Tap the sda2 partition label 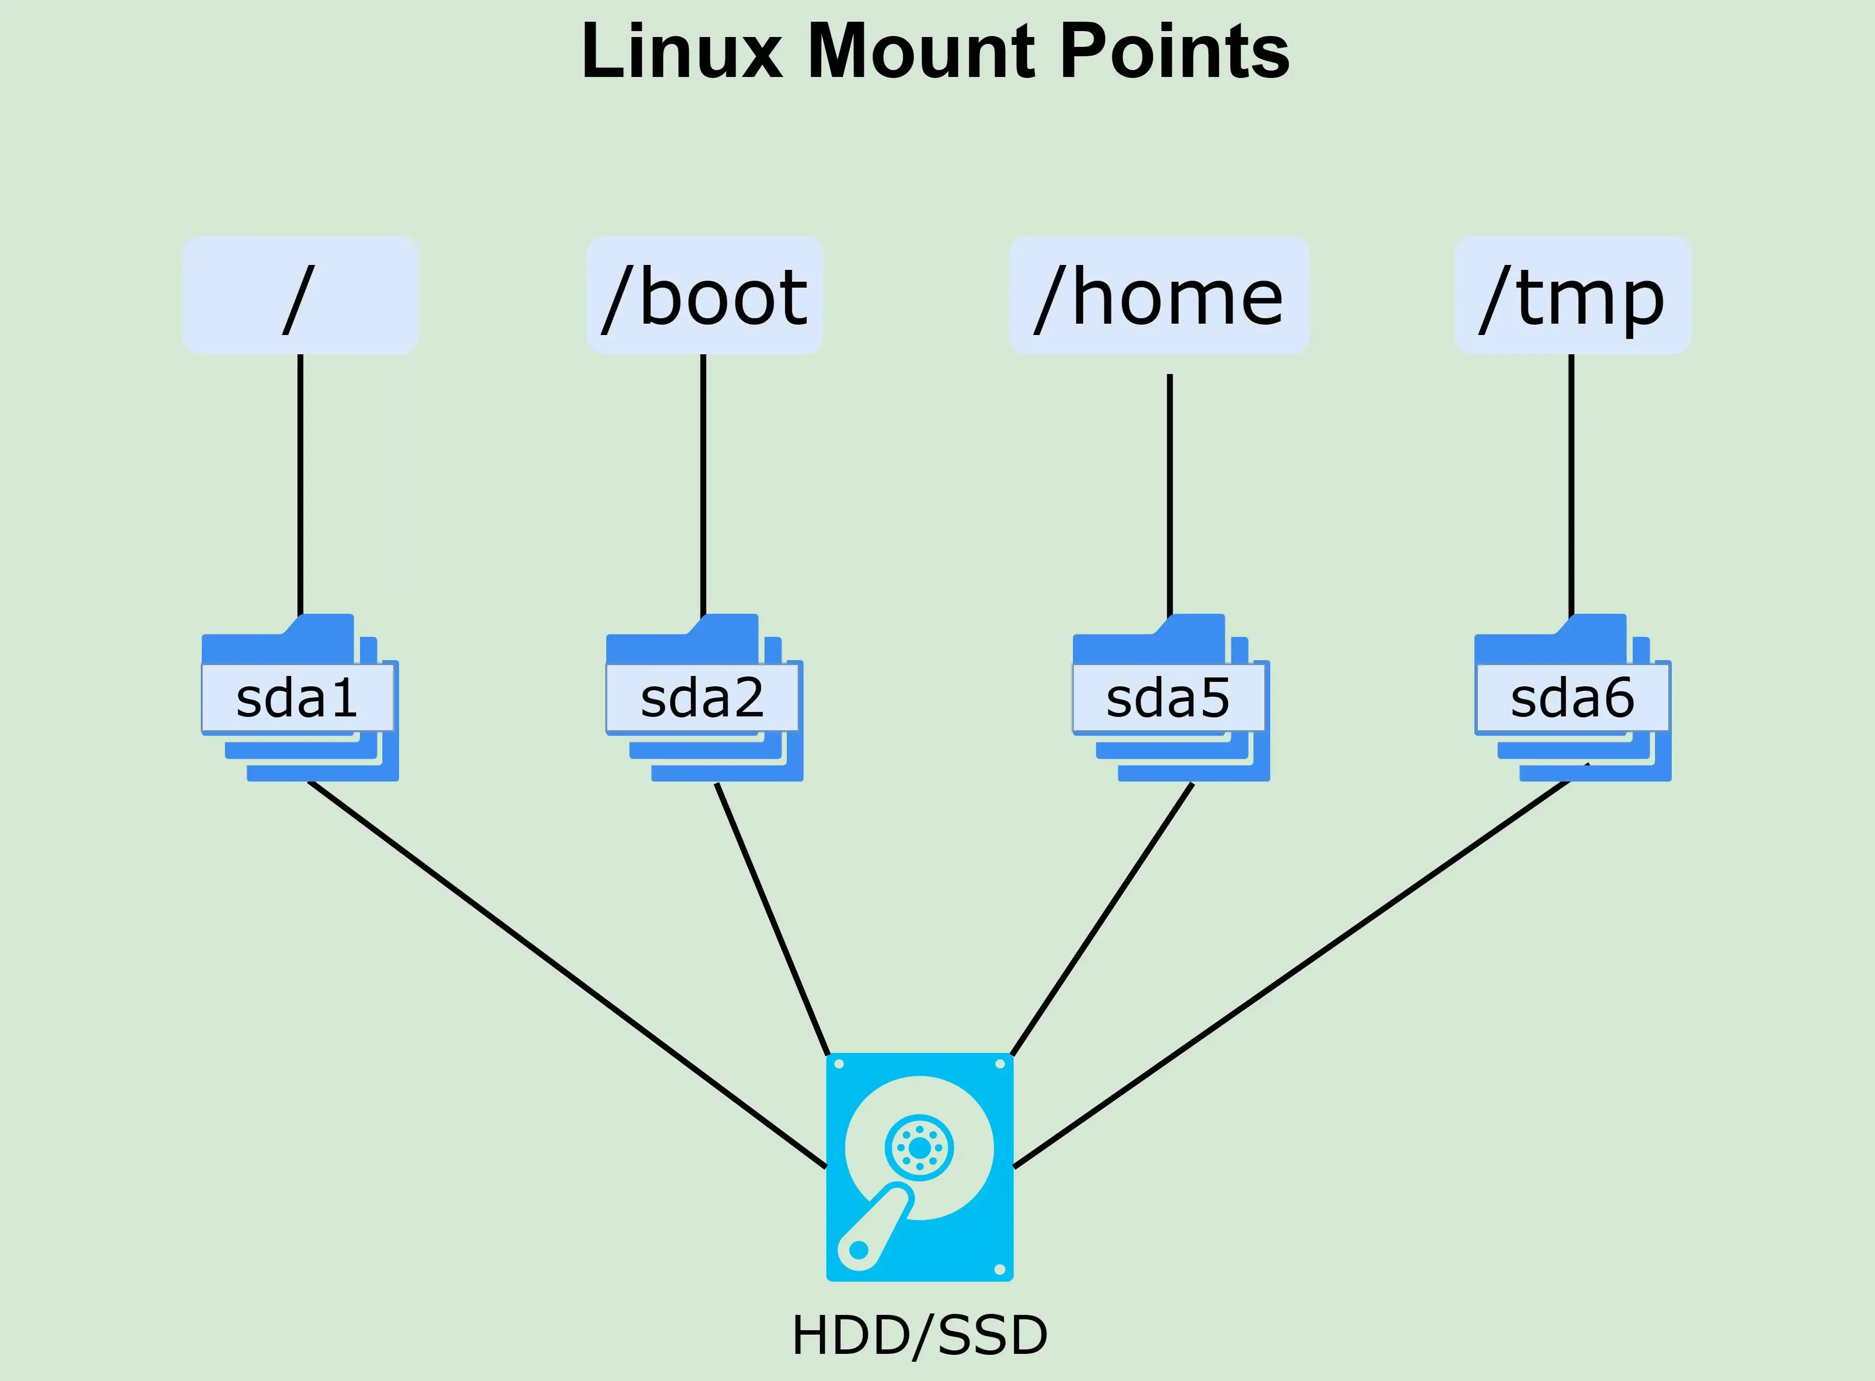point(702,699)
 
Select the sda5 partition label point(1168,699)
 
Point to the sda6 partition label point(1572,699)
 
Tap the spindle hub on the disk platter point(919,1149)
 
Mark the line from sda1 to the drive point(567,975)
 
